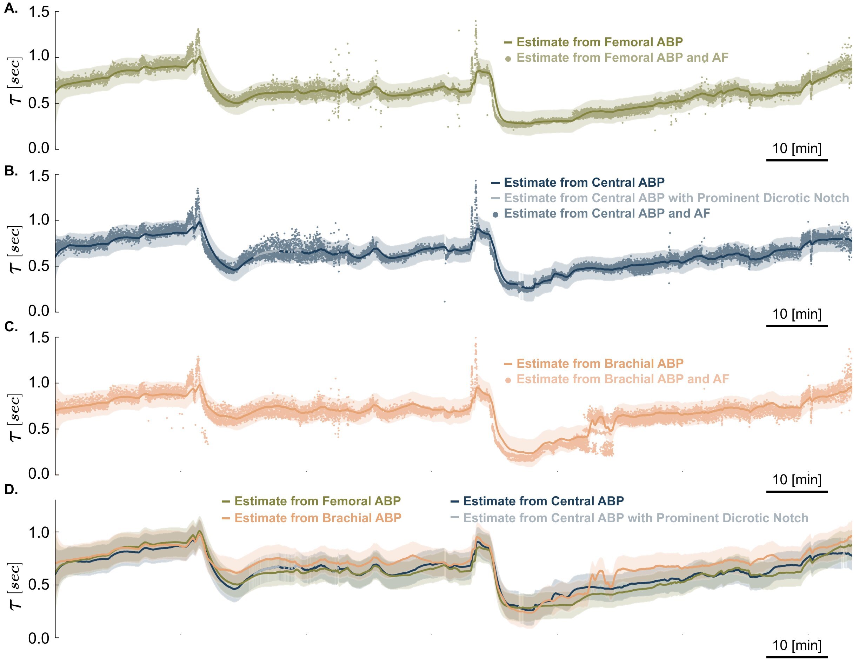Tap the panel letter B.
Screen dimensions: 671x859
[x=11, y=171]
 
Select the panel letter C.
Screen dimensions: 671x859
[x=11, y=327]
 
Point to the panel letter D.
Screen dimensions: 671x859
[x=11, y=490]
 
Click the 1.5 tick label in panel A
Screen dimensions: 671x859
[x=39, y=12]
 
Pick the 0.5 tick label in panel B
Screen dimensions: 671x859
[x=39, y=266]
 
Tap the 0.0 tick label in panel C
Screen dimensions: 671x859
[x=39, y=473]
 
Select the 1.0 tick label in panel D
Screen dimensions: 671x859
[x=39, y=532]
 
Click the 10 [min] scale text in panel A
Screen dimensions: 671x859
[x=797, y=149]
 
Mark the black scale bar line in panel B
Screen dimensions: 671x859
[x=797, y=326]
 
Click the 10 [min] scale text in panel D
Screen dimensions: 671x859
[x=797, y=645]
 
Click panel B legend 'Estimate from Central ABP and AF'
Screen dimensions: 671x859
[x=607, y=214]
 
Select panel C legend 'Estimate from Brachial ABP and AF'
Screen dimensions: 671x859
[x=622, y=379]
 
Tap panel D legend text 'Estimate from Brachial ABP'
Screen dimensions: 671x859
[x=318, y=518]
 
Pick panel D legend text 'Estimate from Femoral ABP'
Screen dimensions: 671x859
[x=318, y=501]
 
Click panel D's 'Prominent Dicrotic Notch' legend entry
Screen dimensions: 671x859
[x=635, y=518]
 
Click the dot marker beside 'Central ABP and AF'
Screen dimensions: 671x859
[x=495, y=215]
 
